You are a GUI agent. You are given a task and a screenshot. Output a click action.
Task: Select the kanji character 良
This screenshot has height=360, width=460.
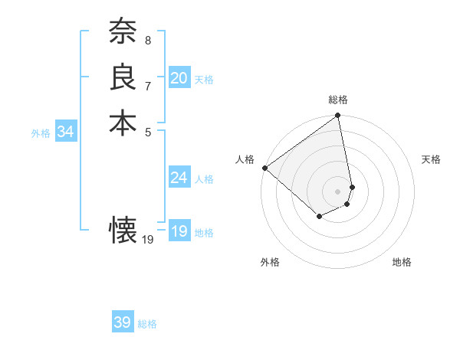tap(123, 77)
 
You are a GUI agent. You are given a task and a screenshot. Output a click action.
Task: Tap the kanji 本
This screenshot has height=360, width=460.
tap(123, 123)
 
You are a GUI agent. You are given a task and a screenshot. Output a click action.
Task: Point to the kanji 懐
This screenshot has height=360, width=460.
tap(123, 230)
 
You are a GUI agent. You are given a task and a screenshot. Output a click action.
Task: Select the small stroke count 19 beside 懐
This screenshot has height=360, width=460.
tap(148, 239)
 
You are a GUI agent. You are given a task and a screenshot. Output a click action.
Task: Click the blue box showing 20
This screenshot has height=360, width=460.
tap(179, 78)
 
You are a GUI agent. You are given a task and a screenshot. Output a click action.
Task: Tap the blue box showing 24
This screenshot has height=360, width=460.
tap(179, 178)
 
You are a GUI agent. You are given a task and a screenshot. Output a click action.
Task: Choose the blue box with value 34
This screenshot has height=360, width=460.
tap(65, 132)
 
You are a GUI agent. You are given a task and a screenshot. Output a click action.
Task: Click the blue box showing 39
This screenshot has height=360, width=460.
tap(122, 322)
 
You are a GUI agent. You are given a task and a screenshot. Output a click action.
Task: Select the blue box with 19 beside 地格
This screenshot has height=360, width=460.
tap(179, 231)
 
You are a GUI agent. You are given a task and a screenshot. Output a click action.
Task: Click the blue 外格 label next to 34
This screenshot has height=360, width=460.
tap(41, 133)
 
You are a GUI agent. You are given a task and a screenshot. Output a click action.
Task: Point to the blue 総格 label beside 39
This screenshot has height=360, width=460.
tap(147, 324)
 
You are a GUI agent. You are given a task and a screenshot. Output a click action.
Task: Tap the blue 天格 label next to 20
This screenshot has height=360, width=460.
tap(204, 79)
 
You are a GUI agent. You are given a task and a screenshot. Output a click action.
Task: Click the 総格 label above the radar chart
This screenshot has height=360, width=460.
tap(338, 100)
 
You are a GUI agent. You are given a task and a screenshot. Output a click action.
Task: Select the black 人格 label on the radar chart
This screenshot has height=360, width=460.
tap(245, 159)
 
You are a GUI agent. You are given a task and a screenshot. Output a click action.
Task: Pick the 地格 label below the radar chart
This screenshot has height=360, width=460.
tap(402, 262)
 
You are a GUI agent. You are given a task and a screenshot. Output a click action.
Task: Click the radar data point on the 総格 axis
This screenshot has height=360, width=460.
tap(338, 116)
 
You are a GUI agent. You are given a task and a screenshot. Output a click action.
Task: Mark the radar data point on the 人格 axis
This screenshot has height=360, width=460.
tap(264, 168)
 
